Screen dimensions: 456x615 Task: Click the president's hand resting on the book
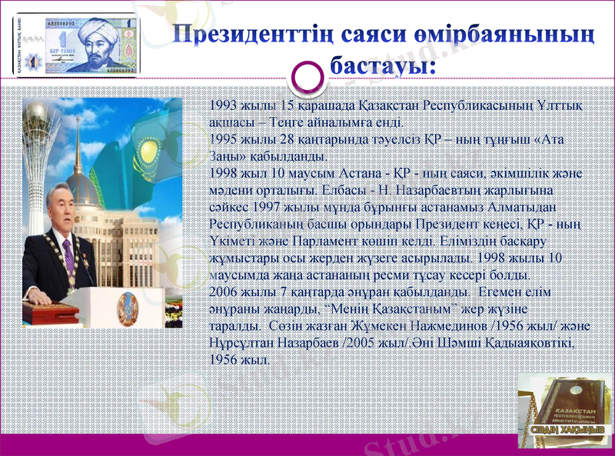point(36,295)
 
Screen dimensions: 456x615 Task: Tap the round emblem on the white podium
point(127,307)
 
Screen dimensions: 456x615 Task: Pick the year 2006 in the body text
point(224,293)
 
